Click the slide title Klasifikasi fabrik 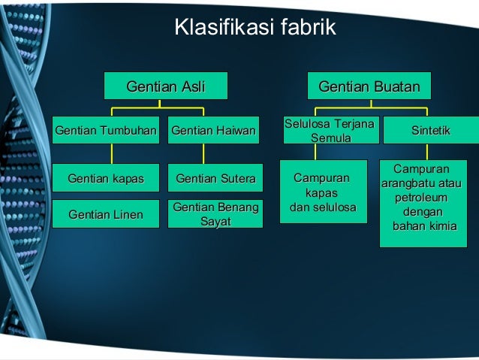255,28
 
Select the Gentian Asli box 166,87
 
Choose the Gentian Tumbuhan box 106,131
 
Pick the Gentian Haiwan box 213,131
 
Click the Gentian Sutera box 215,178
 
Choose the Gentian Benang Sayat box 215,214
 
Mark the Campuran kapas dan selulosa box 323,192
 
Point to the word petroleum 420,198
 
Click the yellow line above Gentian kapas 111,153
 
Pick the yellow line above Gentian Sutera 203,153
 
